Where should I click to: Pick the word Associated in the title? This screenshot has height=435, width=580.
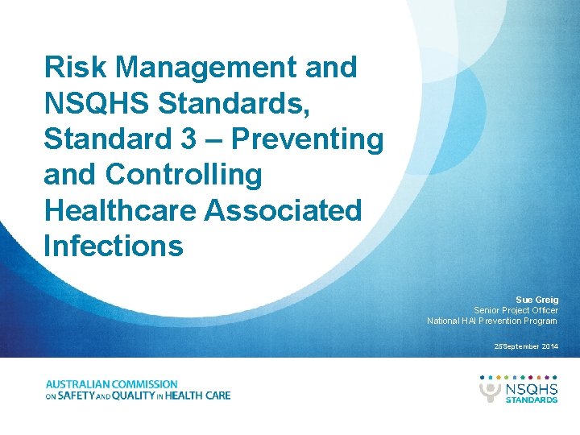(x=284, y=210)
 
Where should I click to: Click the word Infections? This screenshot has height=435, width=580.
(x=114, y=246)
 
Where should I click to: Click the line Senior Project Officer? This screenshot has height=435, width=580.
(x=516, y=310)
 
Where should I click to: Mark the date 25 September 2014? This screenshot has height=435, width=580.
(x=526, y=346)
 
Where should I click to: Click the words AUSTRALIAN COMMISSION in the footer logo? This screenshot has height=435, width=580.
(x=112, y=384)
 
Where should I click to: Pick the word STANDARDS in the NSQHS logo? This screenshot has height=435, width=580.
(x=531, y=399)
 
